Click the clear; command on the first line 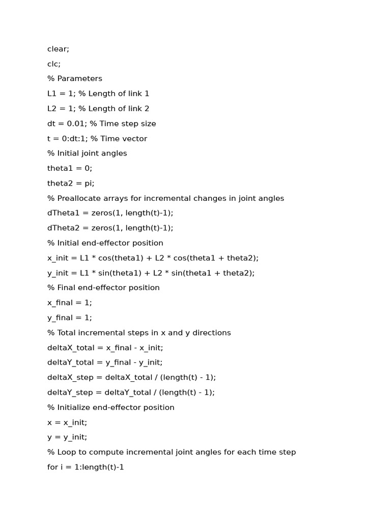pyautogui.click(x=58, y=49)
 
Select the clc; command pyautogui.click(x=54, y=64)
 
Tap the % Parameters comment pyautogui.click(x=75, y=79)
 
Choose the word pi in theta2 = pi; pyautogui.click(x=88, y=183)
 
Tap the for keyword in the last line pyautogui.click(x=52, y=467)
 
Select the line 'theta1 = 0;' pyautogui.click(x=70, y=168)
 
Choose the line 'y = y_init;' pyautogui.click(x=67, y=437)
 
